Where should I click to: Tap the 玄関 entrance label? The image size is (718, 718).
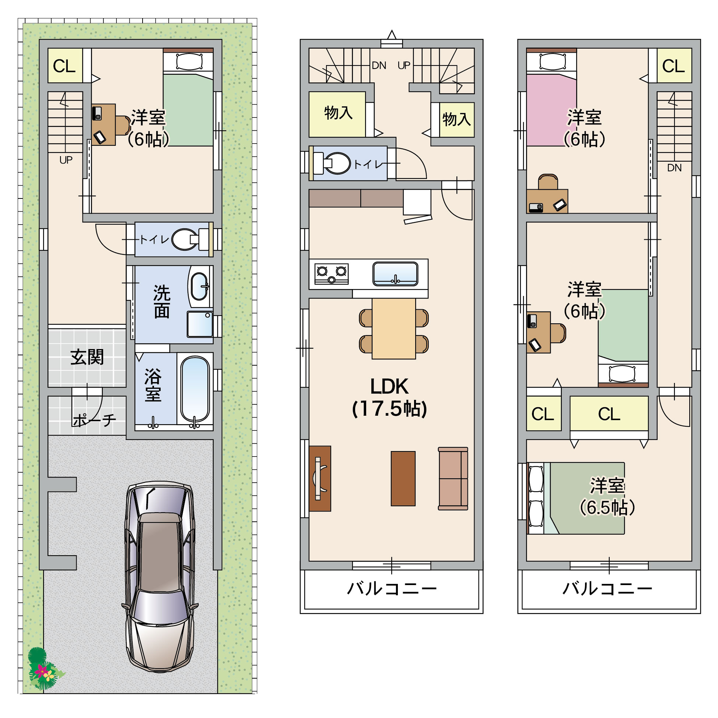[x=87, y=357]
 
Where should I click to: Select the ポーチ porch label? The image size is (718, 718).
[x=94, y=420]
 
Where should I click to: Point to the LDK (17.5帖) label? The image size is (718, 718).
[x=389, y=397]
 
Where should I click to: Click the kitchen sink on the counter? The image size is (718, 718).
[x=395, y=274]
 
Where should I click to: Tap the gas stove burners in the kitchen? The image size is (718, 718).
[x=331, y=274]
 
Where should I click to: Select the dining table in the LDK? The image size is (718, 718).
[x=394, y=328]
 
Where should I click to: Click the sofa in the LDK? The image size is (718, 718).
[x=453, y=479]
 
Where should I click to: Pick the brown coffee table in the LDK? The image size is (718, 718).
[x=403, y=479]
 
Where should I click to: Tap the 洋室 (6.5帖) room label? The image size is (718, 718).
[x=607, y=497]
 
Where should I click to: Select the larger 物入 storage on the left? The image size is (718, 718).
[x=337, y=115]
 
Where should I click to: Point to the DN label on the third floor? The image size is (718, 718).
[x=674, y=168]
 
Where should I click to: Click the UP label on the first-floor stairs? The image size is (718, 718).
[x=66, y=160]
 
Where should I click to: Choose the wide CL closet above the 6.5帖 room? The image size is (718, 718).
[x=609, y=413]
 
